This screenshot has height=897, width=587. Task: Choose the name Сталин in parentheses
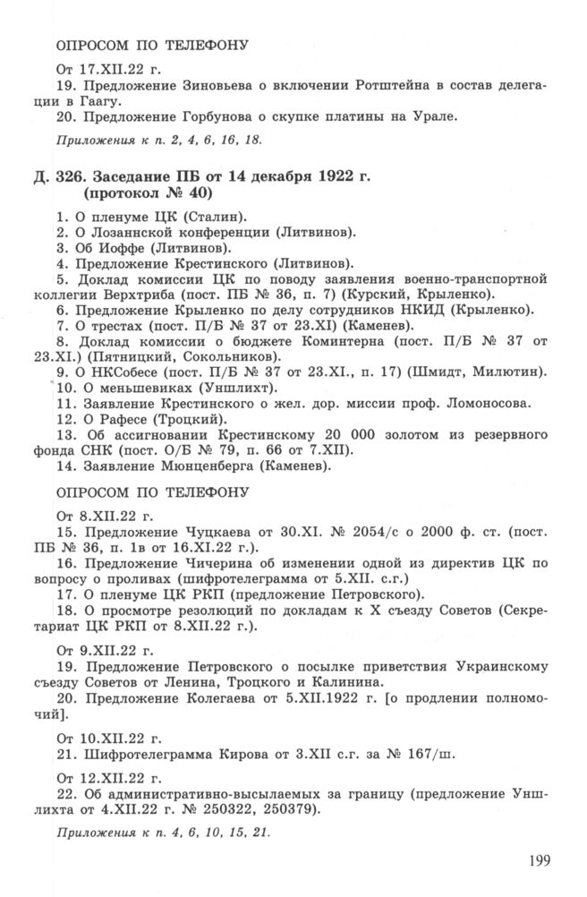click(x=218, y=218)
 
